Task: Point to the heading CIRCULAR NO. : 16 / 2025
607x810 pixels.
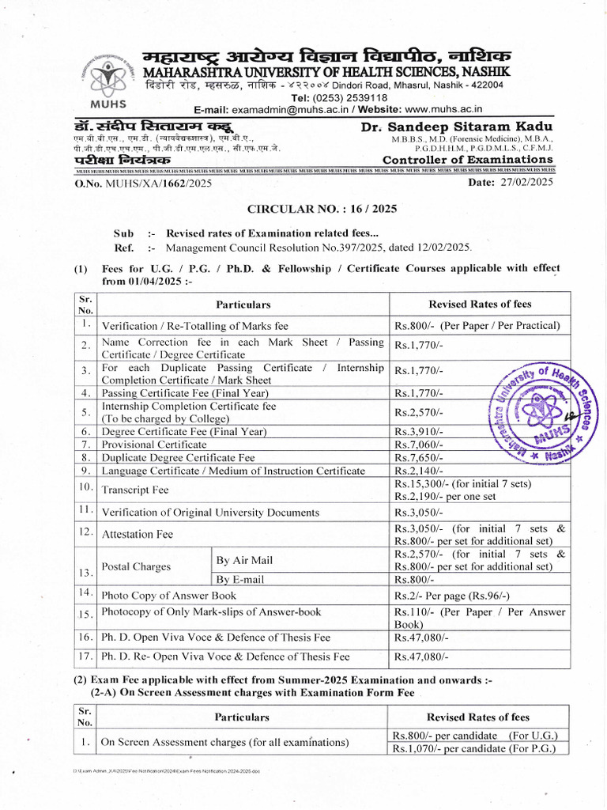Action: [x=323, y=210]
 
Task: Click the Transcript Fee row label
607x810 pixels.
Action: [x=135, y=490]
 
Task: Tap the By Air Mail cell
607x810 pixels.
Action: [x=244, y=560]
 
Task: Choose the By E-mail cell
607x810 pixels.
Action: [x=240, y=579]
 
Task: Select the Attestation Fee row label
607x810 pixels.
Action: [x=138, y=534]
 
